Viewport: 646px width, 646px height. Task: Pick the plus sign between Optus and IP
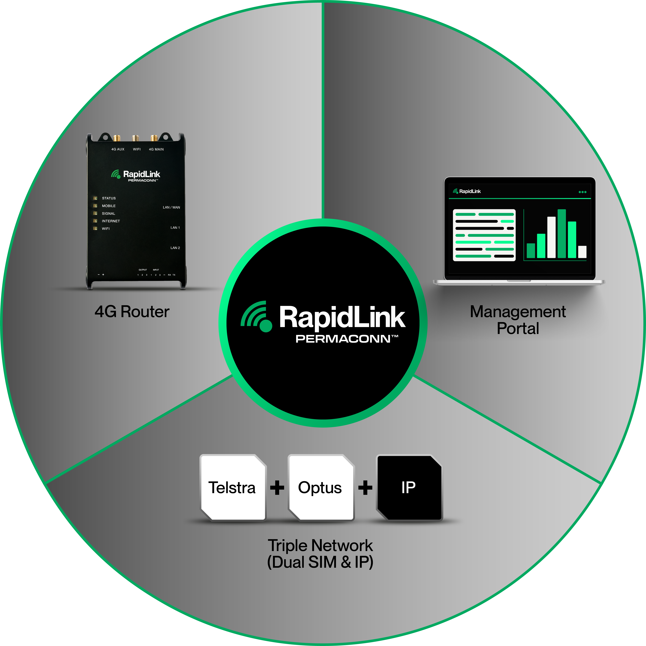click(365, 487)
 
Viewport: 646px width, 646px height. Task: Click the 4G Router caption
click(132, 312)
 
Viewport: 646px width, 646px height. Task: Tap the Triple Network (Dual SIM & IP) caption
click(320, 554)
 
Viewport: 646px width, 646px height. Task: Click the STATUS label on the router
click(109, 198)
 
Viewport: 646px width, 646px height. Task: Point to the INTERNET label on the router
click(111, 221)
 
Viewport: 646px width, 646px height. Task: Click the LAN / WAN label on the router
click(171, 207)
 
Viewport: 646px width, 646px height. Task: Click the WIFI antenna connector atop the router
click(135, 138)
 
